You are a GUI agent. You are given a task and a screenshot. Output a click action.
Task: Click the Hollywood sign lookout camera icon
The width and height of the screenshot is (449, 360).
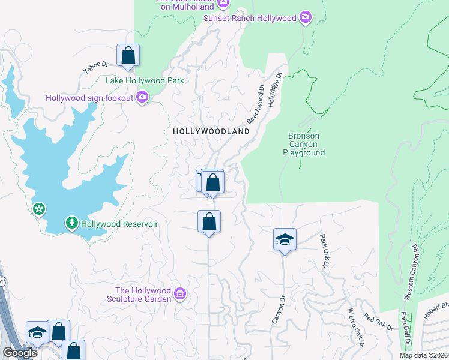[x=142, y=97]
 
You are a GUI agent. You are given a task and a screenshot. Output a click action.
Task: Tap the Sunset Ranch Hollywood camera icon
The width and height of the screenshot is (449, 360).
[x=305, y=17]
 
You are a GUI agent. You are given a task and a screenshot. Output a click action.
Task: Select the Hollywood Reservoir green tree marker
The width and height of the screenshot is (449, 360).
[x=72, y=223]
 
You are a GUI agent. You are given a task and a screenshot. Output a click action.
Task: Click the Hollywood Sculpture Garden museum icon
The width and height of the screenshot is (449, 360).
[x=180, y=294]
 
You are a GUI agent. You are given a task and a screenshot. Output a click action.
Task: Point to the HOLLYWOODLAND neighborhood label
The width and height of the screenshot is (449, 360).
[x=211, y=131]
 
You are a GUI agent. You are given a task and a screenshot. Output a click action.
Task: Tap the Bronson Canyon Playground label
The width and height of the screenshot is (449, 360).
[x=304, y=144]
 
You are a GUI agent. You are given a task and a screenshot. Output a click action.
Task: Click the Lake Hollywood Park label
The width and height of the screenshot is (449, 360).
[x=144, y=80]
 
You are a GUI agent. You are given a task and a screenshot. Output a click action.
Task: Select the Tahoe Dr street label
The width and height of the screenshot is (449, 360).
[x=95, y=67]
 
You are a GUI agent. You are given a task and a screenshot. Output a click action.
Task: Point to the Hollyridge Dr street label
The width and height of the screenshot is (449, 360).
[x=276, y=88]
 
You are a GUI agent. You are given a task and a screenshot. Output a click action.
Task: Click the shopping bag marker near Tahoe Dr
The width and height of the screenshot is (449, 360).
[x=128, y=55]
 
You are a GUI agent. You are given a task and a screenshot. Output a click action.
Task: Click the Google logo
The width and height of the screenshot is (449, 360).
[x=19, y=353]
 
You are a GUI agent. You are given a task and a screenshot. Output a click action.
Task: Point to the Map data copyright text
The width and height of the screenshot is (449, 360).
[x=423, y=355]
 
